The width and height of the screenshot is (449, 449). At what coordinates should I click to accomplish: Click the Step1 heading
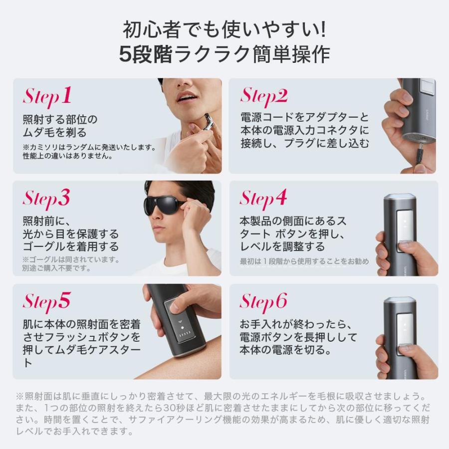[x=47, y=96]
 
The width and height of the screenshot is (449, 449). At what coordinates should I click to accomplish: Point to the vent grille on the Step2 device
[x=417, y=136]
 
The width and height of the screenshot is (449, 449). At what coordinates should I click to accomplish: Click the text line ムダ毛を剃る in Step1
[x=55, y=133]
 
